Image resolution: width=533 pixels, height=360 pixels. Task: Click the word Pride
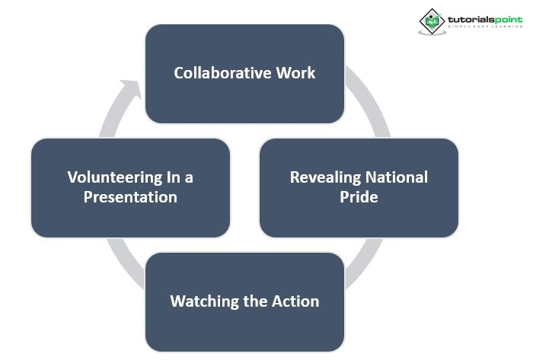359,197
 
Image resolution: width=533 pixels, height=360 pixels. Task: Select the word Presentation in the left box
131,197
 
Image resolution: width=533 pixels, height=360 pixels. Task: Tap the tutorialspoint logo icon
432,21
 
